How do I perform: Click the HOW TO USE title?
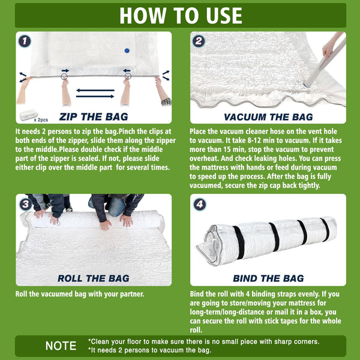click(x=180, y=15)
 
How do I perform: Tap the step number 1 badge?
click(x=24, y=41)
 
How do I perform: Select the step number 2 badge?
click(x=199, y=41)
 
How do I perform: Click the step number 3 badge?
click(x=25, y=204)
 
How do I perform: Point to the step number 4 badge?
click(x=199, y=204)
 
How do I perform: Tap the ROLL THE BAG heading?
click(x=93, y=278)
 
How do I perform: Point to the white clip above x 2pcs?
click(x=30, y=112)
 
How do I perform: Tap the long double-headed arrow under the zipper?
click(x=95, y=93)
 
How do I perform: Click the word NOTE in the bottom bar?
click(x=61, y=346)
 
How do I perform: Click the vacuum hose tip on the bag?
click(x=308, y=84)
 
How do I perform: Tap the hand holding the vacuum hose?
click(x=330, y=47)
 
